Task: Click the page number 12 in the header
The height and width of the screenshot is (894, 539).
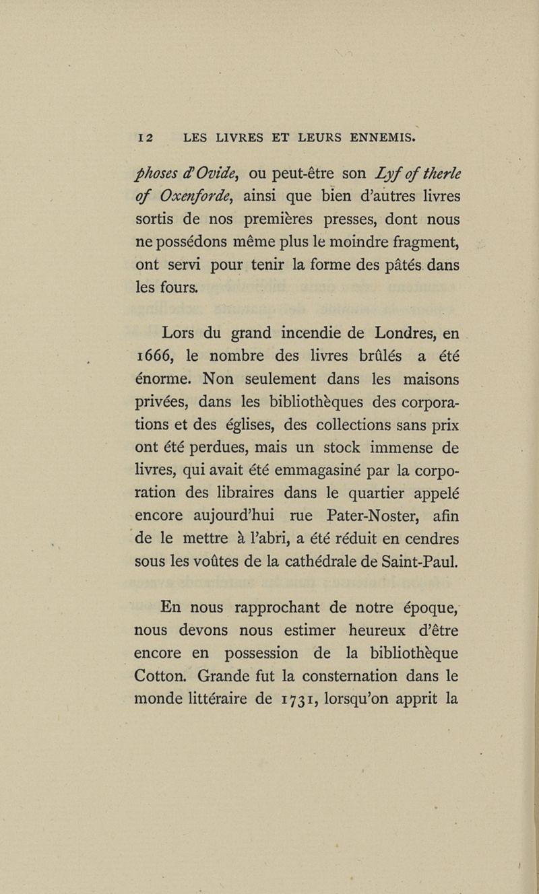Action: pos(146,139)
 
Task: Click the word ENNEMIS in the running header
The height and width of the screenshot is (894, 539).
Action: pos(381,139)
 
